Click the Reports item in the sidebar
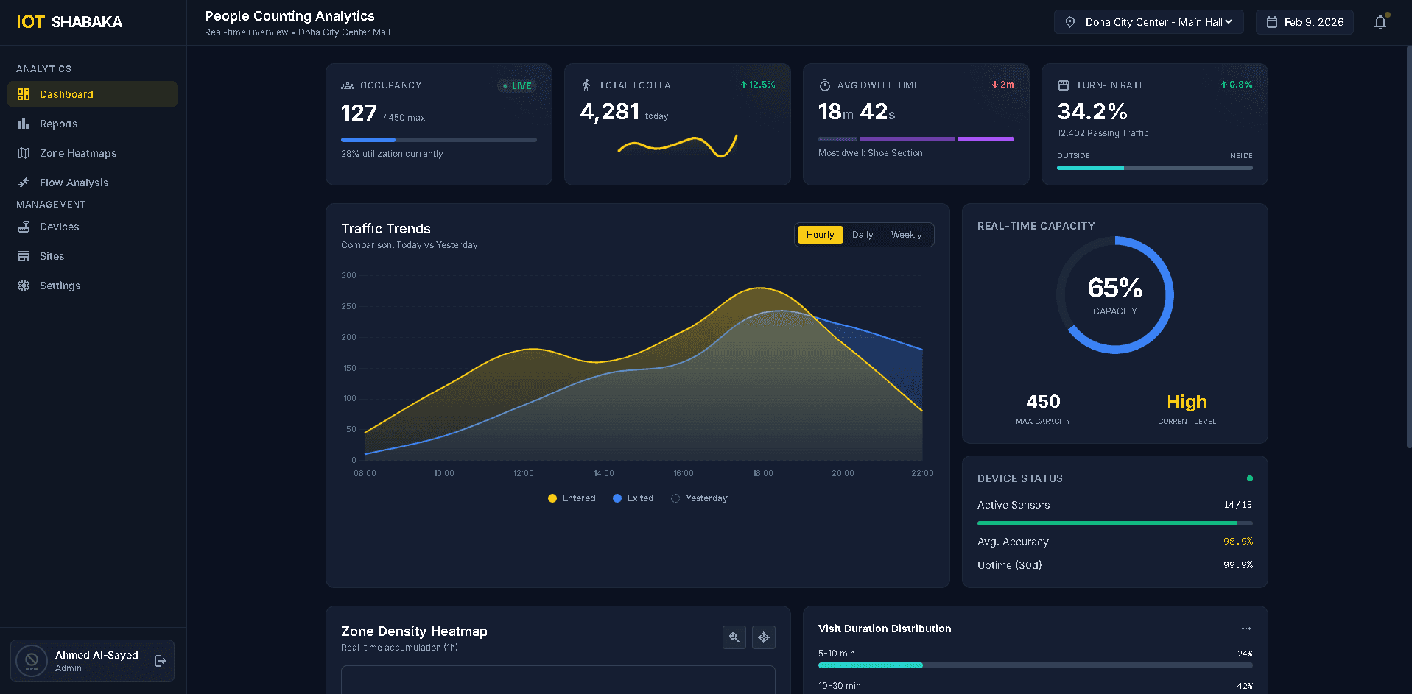(58, 124)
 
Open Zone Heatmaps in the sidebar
(77, 153)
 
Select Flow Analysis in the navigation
(74, 183)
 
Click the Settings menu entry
(60, 286)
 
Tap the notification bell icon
(1380, 22)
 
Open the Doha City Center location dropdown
(1148, 22)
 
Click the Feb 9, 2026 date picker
(1304, 22)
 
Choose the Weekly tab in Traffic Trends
(906, 235)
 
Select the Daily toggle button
(863, 235)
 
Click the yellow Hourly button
(820, 235)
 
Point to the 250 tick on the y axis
(348, 306)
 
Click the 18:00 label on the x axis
(762, 473)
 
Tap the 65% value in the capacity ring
(1114, 288)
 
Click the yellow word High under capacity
(1186, 402)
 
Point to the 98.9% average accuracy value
(1237, 542)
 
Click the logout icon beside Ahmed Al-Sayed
(160, 661)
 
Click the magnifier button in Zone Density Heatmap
(734, 637)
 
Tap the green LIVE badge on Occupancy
(517, 86)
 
